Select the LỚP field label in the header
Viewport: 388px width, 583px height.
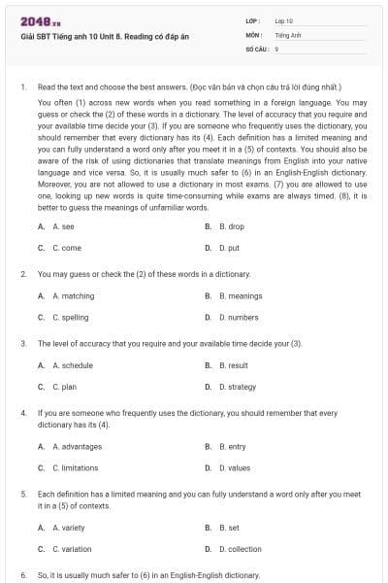click(252, 20)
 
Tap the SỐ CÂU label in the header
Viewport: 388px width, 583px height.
click(256, 48)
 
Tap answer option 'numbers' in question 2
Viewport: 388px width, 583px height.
click(239, 317)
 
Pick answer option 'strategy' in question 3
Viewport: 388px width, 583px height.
click(237, 387)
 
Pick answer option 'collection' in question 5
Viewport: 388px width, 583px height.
click(240, 549)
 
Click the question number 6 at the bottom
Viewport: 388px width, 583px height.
click(22, 575)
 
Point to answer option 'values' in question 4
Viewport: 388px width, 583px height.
click(234, 467)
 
